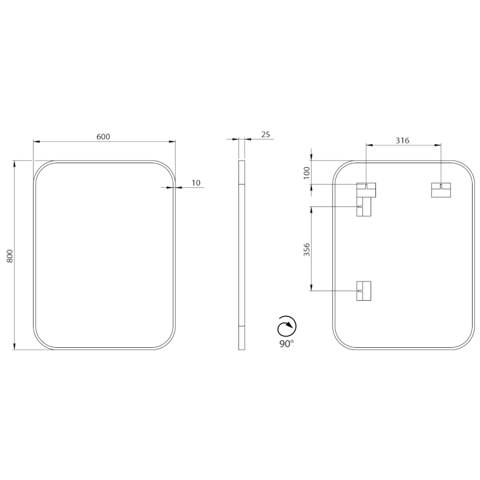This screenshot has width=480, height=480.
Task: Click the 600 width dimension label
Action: point(103,137)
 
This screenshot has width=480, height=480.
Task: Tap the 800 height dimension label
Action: point(10,256)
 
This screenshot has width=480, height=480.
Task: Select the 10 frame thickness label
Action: point(196,183)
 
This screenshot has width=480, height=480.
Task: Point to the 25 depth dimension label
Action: point(266,134)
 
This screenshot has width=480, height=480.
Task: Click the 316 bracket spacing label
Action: point(402,140)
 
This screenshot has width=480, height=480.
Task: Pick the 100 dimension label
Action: point(307,173)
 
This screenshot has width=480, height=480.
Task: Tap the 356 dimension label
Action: point(307,250)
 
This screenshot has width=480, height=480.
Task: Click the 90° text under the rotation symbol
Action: point(286,344)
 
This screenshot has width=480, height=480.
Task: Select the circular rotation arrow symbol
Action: point(287,326)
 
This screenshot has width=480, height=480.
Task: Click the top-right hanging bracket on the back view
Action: point(441,190)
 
